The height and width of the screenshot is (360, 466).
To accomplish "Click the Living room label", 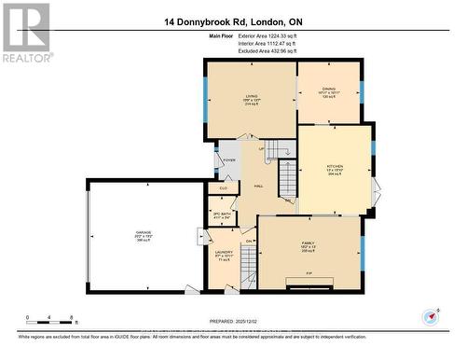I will [x=252, y=97].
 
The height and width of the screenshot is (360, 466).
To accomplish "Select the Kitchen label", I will [x=335, y=168].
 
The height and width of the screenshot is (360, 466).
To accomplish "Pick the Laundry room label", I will [x=224, y=254].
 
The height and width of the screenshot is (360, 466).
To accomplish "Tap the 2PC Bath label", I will [x=222, y=215].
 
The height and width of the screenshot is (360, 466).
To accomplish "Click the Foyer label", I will [x=229, y=159].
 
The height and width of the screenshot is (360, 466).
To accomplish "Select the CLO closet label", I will [x=222, y=189].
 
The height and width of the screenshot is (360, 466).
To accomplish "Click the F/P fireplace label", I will [x=308, y=273].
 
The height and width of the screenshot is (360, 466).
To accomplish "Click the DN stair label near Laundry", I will [x=250, y=242].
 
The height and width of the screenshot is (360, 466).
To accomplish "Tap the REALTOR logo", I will [x=25, y=33].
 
